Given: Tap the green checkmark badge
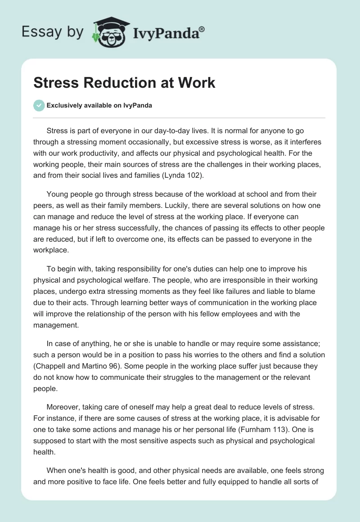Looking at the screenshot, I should pos(39,105).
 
